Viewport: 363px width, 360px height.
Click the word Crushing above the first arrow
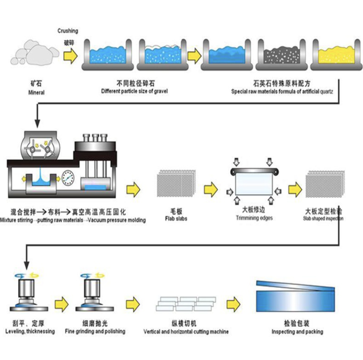pos(68,31)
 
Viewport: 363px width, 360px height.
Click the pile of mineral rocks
pos(35,52)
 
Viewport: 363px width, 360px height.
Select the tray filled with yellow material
pos(336,55)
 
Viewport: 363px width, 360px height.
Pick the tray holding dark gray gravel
pos(281,55)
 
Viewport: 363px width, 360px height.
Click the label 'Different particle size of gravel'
pos(134,91)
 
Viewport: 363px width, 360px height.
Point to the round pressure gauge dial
pos(68,178)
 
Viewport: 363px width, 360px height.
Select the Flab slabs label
pos(176,218)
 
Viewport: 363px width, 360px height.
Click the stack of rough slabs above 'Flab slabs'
pos(177,183)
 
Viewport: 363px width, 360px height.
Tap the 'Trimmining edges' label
pos(254,218)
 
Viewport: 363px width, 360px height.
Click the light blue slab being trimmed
pos(254,184)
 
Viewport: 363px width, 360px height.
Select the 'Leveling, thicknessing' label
pos(30,331)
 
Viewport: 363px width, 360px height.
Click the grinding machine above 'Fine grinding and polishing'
pos(95,293)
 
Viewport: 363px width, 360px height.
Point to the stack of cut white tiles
pos(186,304)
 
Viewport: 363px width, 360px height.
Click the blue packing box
pos(295,297)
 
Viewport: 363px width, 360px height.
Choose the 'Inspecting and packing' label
pos(297,332)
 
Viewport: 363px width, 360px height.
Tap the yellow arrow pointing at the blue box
pos(233,304)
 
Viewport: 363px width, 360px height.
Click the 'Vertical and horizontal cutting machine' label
pos(186,332)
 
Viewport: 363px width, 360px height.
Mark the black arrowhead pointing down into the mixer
pos(37,123)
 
